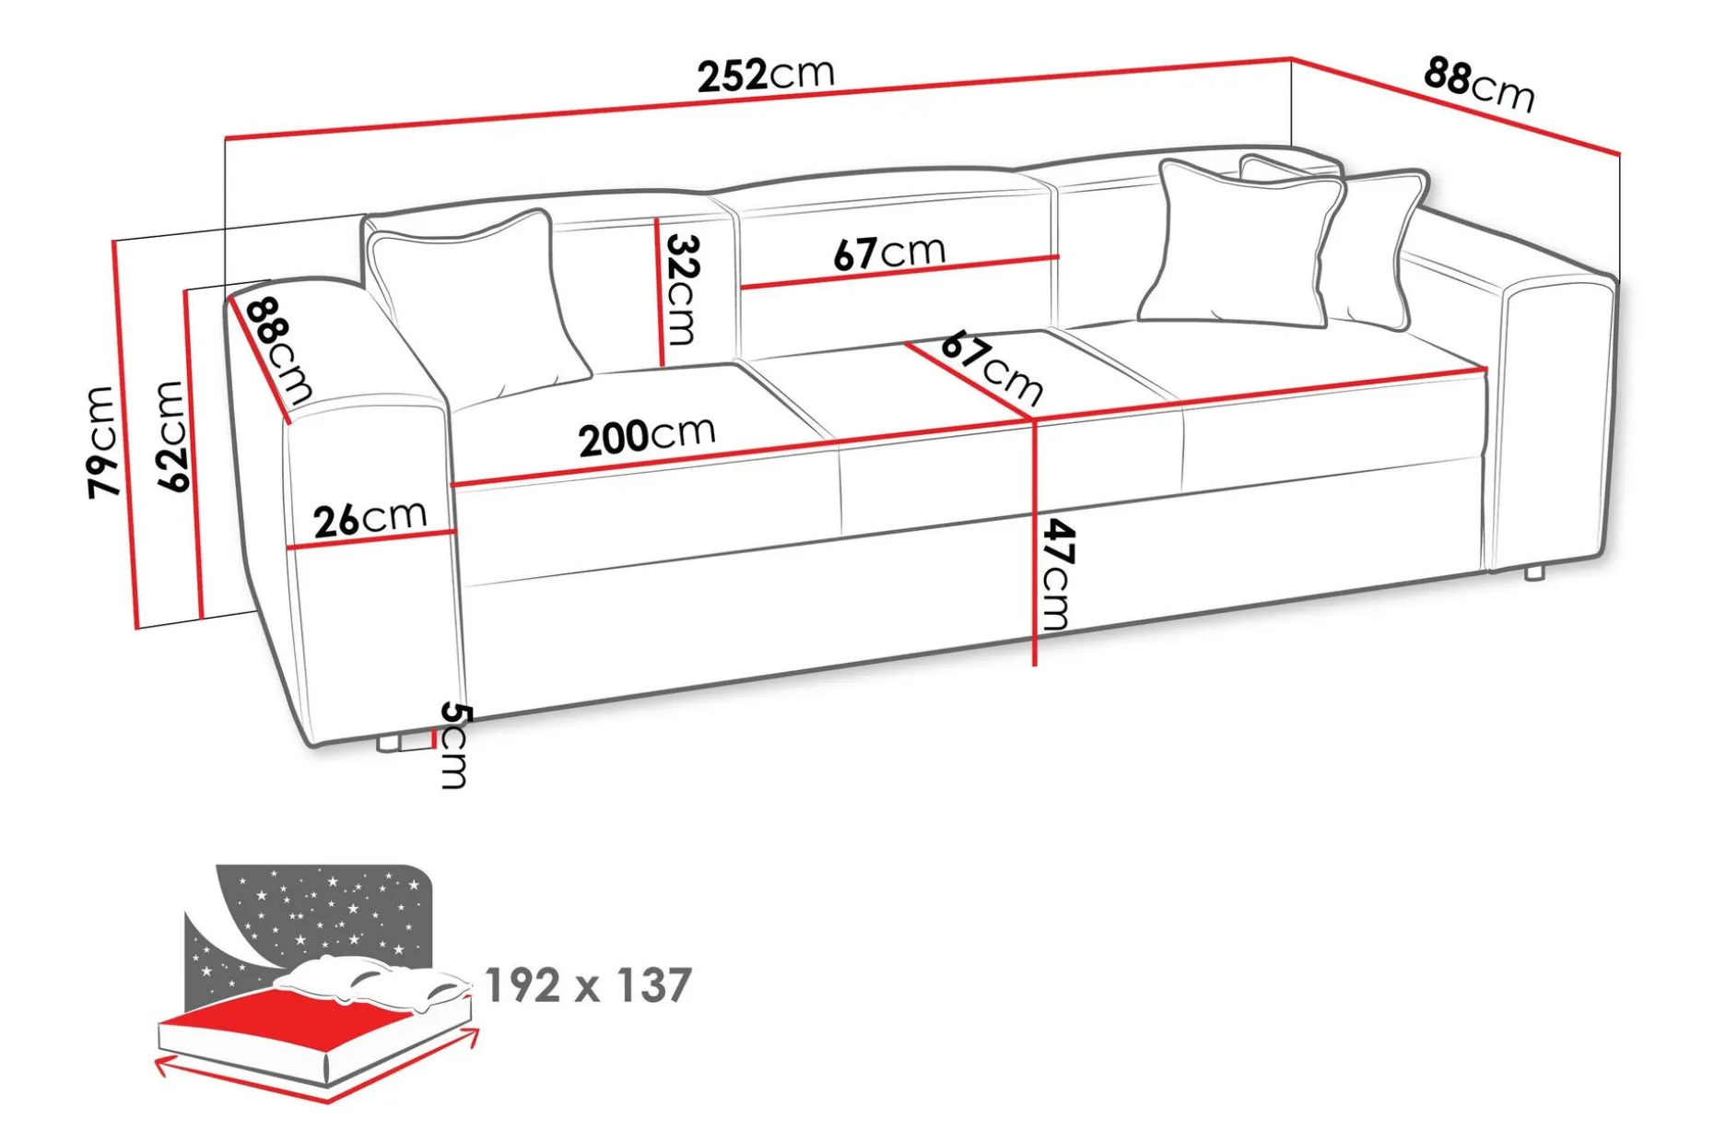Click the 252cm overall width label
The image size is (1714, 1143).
point(766,74)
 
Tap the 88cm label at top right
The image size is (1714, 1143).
point(1480,84)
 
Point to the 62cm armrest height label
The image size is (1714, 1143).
point(172,435)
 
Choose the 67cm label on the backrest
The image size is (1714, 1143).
point(889,253)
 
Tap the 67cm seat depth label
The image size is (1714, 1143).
point(992,367)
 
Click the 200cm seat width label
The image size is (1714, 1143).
point(647,435)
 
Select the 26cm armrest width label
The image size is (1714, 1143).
point(370,519)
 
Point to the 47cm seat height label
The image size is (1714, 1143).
point(1058,574)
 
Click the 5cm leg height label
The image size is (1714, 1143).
point(454,746)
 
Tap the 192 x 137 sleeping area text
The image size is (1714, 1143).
point(588,985)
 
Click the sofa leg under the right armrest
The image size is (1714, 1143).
point(1534,572)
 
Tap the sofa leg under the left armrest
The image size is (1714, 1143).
point(389,742)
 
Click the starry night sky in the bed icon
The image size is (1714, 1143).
point(313,922)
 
